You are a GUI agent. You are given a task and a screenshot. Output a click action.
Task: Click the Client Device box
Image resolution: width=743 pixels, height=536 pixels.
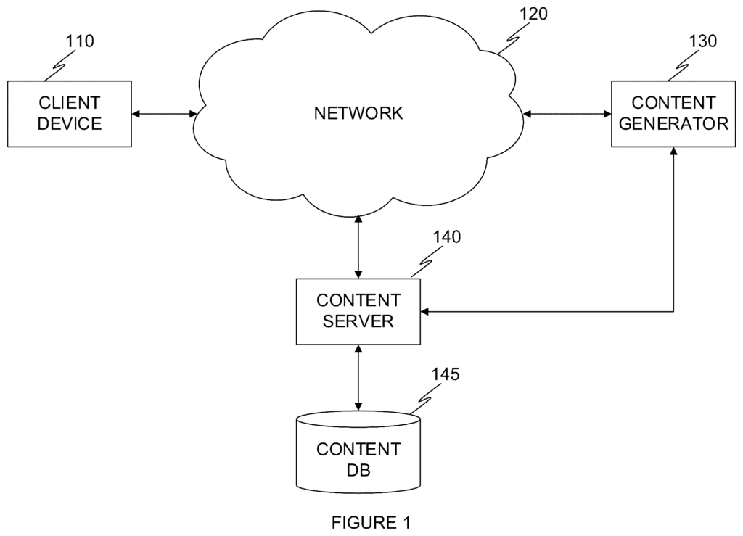(70, 113)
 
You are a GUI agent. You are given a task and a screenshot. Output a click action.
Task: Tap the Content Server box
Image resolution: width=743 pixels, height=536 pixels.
(358, 310)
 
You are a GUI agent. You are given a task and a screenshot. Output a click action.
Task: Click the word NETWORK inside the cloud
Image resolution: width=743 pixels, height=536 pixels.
(358, 113)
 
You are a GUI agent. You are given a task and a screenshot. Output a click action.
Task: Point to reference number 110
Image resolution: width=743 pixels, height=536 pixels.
(79, 41)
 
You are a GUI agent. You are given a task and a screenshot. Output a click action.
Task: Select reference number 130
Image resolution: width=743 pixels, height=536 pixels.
(702, 41)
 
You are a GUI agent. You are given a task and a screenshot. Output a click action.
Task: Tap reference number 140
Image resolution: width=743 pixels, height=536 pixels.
(446, 237)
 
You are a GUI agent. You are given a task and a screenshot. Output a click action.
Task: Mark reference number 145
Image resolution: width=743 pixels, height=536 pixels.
(445, 375)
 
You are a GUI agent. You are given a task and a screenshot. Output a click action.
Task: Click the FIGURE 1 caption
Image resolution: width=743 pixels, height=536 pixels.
(371, 522)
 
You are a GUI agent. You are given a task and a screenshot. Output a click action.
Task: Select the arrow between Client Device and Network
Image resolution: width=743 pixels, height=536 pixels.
(164, 114)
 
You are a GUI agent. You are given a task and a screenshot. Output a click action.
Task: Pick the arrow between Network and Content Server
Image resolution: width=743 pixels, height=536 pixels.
(358, 246)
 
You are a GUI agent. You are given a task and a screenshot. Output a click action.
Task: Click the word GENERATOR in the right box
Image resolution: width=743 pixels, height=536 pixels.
(673, 123)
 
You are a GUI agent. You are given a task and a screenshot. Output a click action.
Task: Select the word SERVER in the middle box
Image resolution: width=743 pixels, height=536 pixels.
(358, 321)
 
